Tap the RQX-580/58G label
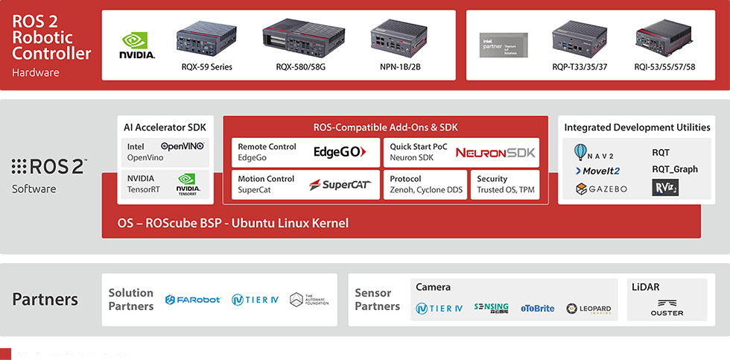tap(300, 67)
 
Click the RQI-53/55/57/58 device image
tap(665, 42)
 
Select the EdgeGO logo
tap(339, 152)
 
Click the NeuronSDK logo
tap(495, 153)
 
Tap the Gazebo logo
tap(601, 189)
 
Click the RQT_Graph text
tap(675, 169)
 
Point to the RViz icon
tap(664, 188)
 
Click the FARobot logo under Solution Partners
tap(193, 300)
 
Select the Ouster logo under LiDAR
tap(666, 308)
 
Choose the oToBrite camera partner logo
tap(537, 308)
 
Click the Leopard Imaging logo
tap(588, 308)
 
